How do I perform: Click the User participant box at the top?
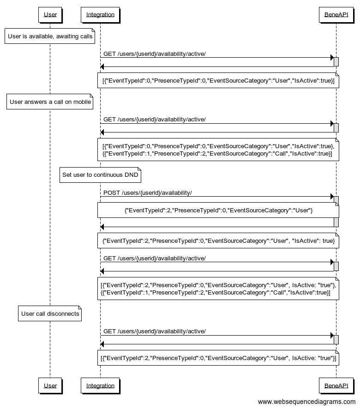tap(50, 14)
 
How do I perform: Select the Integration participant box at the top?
tap(100, 14)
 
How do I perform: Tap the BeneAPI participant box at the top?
tap(336, 14)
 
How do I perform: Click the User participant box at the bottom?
tap(50, 385)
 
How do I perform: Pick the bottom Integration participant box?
tap(100, 385)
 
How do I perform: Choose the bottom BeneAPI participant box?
tap(336, 385)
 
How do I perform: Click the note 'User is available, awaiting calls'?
tap(50, 36)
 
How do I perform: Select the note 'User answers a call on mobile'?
tap(50, 102)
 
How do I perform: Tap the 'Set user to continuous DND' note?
tap(100, 175)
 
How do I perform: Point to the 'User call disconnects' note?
tap(50, 314)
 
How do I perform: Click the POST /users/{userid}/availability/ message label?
tap(147, 192)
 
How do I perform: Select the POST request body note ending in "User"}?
tap(218, 211)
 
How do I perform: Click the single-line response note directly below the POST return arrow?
tap(218, 241)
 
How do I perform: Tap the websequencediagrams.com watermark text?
tap(306, 402)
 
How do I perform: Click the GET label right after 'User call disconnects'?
tap(154, 331)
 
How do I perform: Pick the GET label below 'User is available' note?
tap(154, 54)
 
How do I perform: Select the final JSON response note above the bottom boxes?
tap(218, 358)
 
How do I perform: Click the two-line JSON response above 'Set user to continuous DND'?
tap(218, 150)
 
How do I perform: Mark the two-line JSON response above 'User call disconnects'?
tap(218, 289)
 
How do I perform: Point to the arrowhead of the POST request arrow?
tap(331, 197)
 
